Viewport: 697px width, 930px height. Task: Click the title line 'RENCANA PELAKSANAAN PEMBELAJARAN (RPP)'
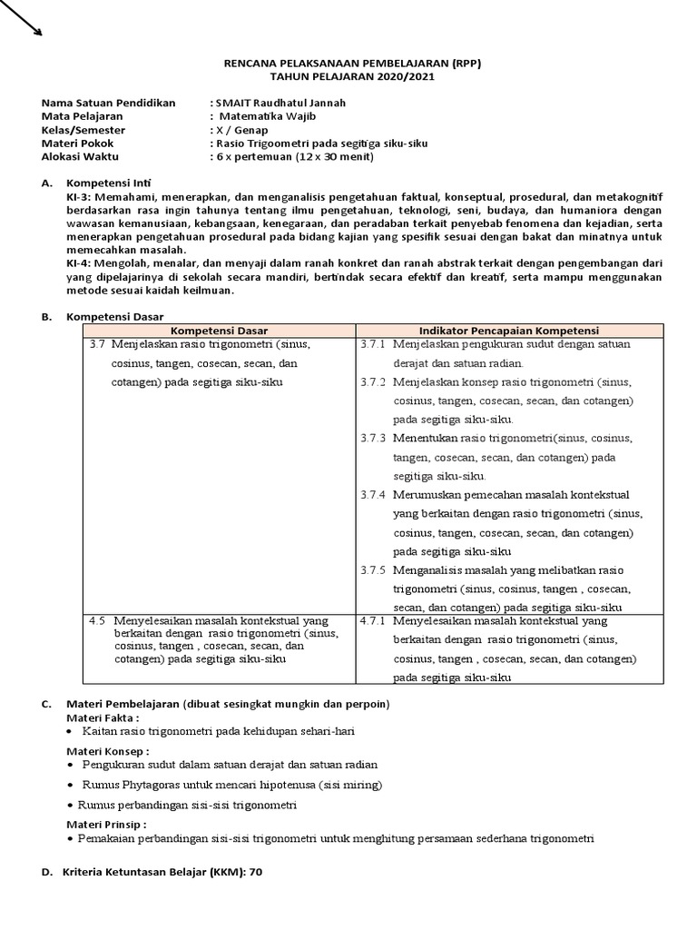click(354, 64)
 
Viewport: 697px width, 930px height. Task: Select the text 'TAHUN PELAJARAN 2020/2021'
click(354, 77)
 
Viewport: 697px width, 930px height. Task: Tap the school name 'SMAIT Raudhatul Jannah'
click(280, 104)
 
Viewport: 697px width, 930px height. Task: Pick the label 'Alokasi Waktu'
click(81, 156)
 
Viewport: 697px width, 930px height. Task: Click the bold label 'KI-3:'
click(79, 196)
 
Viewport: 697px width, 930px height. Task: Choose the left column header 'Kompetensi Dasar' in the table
click(219, 330)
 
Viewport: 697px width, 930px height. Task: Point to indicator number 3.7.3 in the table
click(372, 438)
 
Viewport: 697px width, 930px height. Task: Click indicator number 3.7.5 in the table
click(372, 570)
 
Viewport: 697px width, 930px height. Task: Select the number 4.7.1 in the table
click(373, 621)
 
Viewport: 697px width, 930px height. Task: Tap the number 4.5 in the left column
click(97, 621)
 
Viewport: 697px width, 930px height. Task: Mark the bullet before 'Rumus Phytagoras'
click(72, 785)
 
